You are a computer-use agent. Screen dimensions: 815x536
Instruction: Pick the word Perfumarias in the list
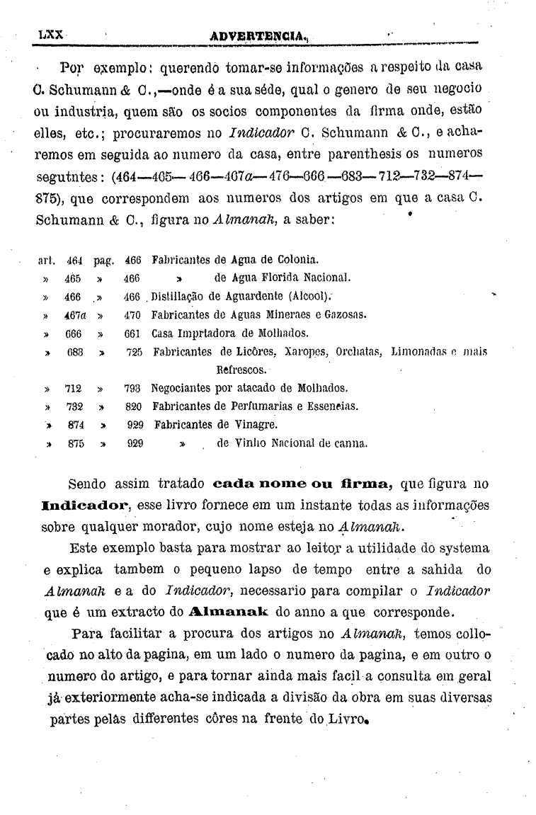tap(268, 406)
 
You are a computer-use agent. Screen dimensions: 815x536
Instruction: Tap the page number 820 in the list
tap(133, 406)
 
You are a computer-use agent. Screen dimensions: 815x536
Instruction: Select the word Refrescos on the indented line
tap(241, 370)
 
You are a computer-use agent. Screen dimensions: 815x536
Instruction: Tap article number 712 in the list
tap(73, 389)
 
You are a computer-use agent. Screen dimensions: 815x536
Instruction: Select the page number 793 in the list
tap(133, 389)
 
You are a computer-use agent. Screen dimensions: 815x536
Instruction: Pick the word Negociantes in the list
tap(183, 389)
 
